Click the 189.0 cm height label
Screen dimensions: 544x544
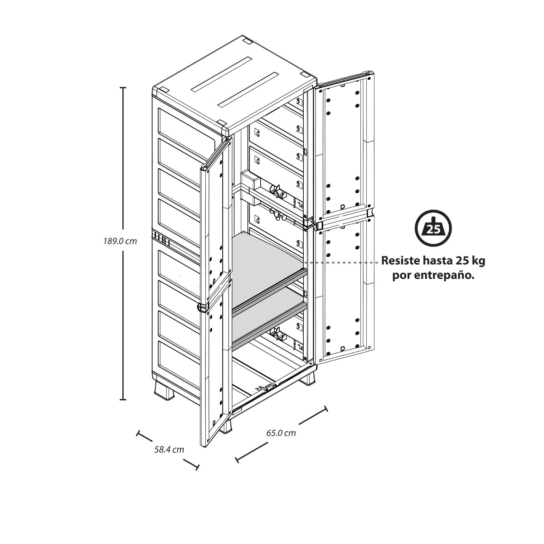120,241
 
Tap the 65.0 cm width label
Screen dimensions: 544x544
281,433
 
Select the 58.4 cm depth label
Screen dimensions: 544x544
169,449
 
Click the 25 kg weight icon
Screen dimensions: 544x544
433,228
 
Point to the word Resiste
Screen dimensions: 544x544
401,261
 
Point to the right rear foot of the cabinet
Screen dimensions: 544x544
308,379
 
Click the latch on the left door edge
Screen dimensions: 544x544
203,308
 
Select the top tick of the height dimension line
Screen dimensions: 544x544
123,88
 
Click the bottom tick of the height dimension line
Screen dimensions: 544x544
123,400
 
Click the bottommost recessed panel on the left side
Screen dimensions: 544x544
179,357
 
